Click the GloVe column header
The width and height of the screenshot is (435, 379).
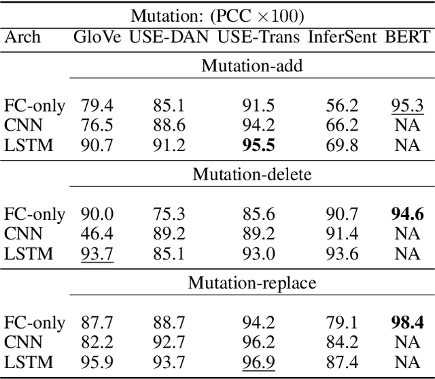click(x=97, y=37)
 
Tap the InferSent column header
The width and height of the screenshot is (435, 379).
click(x=342, y=37)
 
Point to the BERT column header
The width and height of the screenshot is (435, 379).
click(x=408, y=37)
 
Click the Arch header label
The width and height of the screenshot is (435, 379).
click(x=22, y=37)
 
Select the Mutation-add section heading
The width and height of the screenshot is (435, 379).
click(x=252, y=65)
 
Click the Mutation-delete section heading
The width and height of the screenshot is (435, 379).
click(x=252, y=174)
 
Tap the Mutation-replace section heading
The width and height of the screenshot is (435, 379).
click(x=252, y=282)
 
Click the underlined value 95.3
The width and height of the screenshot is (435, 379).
click(x=408, y=105)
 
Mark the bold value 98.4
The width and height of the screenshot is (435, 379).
click(x=408, y=323)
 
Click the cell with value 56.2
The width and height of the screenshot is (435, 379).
click(x=341, y=105)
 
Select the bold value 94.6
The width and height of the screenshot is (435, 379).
click(x=408, y=214)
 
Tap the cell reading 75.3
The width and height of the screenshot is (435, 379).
click(x=167, y=214)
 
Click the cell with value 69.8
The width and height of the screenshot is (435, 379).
click(x=341, y=145)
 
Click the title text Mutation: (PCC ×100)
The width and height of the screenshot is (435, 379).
click(x=217, y=14)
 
